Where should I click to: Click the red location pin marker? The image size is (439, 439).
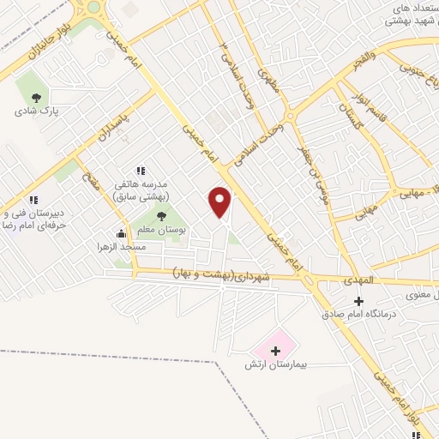pos(220,201)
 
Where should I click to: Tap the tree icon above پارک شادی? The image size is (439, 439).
pos(35,97)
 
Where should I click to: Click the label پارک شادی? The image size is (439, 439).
pos(35,111)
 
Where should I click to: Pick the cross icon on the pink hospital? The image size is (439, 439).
pos(275,350)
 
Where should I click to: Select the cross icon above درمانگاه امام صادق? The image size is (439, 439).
pos(358,301)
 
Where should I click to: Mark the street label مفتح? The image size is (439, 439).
pos(90,183)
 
